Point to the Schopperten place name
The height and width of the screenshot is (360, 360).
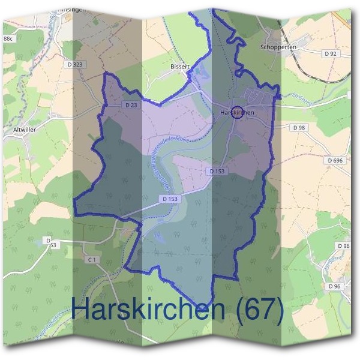(278, 46)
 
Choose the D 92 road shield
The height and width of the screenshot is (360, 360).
(330, 54)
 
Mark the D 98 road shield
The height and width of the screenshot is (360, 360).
(299, 128)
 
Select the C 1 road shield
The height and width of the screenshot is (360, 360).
(91, 260)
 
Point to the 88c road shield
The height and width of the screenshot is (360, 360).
(8, 39)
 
